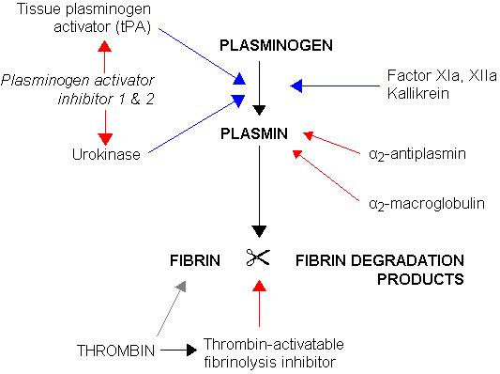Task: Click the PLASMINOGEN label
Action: (262, 45)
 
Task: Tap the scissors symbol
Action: (258, 257)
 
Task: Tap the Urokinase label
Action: (105, 152)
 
